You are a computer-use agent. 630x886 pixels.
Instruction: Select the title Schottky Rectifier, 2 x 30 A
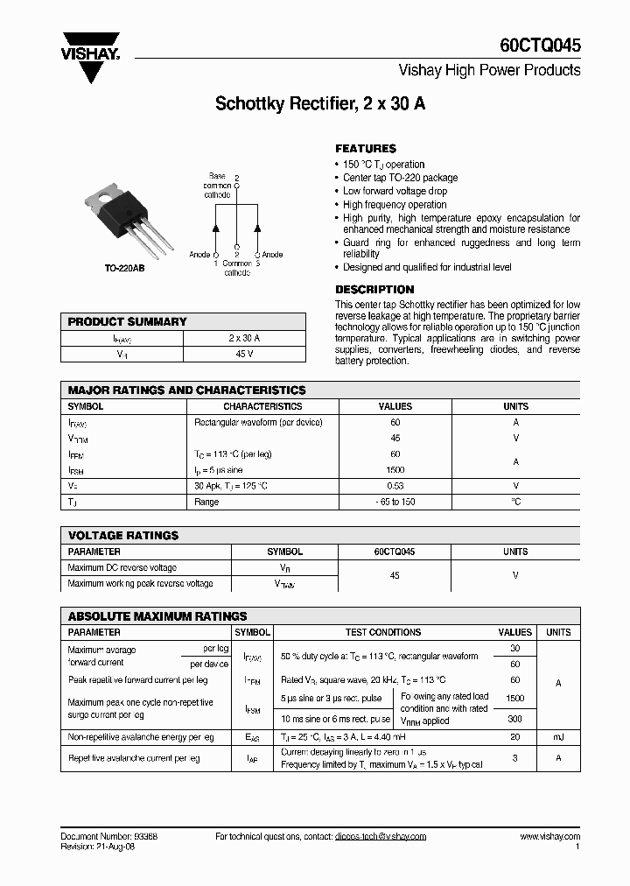pyautogui.click(x=320, y=104)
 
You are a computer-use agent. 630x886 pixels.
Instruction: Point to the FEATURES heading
pyautogui.click(x=366, y=149)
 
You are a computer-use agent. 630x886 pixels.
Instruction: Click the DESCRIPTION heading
pyautogui.click(x=374, y=290)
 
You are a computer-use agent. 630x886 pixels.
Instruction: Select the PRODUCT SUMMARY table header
pyautogui.click(x=128, y=322)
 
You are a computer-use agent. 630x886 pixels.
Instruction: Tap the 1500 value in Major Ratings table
pyautogui.click(x=395, y=470)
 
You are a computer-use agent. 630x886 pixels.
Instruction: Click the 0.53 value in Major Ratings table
pyautogui.click(x=395, y=486)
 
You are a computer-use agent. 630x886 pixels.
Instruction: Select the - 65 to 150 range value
pyautogui.click(x=395, y=503)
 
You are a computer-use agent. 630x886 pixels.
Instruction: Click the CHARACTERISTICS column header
pyautogui.click(x=262, y=406)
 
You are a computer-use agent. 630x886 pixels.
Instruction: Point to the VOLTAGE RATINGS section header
pyautogui.click(x=123, y=535)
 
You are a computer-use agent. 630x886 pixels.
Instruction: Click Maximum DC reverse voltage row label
pyautogui.click(x=122, y=568)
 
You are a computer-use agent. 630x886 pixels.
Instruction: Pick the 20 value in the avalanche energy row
pyautogui.click(x=514, y=738)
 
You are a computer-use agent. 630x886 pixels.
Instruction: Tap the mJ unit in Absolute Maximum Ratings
pyautogui.click(x=558, y=738)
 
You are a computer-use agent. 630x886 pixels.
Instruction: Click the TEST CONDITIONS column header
pyautogui.click(x=383, y=632)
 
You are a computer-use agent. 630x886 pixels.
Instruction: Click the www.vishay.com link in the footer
pyautogui.click(x=549, y=836)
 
